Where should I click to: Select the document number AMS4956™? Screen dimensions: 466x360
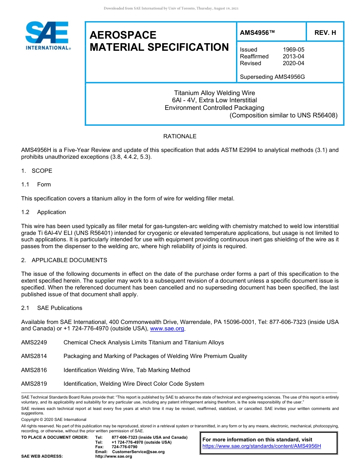click(x=257, y=33)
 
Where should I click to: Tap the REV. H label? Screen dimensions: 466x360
click(x=325, y=33)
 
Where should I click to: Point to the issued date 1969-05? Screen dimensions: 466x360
click(x=293, y=50)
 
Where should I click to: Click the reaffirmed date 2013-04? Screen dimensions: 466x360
click(x=293, y=56)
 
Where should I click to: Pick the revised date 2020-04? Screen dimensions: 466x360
click(x=293, y=63)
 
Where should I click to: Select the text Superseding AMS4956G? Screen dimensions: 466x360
click(x=272, y=77)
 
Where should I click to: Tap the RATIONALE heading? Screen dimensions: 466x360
click(x=180, y=136)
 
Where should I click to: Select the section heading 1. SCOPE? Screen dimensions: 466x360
click(x=37, y=171)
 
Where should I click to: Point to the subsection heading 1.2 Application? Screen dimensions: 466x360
click(x=44, y=212)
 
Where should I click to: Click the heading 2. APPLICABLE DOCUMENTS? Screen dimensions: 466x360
click(x=64, y=260)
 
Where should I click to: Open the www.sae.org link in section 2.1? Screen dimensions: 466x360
click(x=167, y=329)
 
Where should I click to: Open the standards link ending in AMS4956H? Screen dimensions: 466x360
click(x=261, y=446)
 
